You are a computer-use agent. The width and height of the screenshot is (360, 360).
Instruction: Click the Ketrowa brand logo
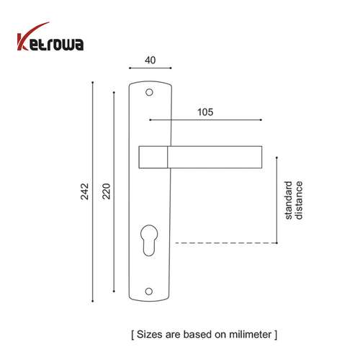(x=50, y=44)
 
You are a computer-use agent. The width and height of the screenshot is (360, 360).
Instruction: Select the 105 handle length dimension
(x=204, y=112)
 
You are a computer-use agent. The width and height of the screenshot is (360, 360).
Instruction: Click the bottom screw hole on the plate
(x=150, y=291)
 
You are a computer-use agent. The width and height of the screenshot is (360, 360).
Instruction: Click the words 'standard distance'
(x=293, y=199)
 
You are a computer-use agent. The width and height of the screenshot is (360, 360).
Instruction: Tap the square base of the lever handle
(x=153, y=156)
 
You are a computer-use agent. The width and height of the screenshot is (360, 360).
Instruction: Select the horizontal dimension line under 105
(x=204, y=120)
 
